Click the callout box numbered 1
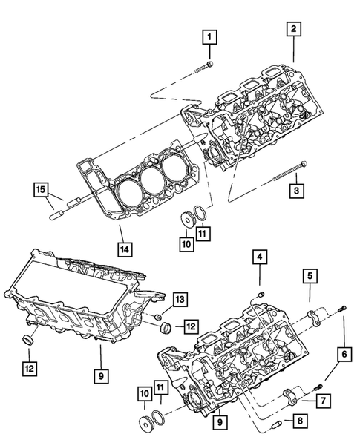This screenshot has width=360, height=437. pos(210,36)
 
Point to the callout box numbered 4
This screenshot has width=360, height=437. pos(259,258)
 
